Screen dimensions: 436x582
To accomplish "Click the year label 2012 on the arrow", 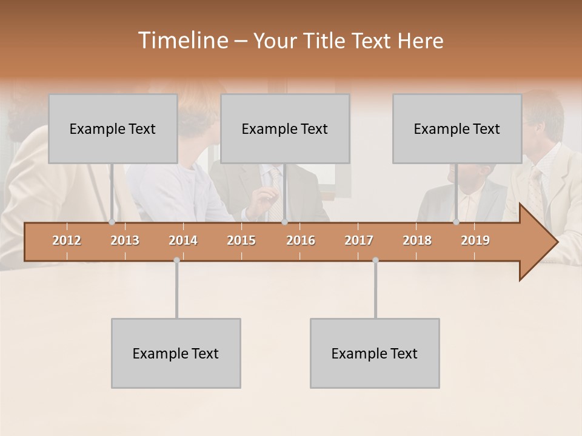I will click(x=67, y=240).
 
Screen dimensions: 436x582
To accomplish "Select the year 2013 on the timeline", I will click(x=125, y=240).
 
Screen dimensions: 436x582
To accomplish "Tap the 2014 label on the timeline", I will click(x=183, y=240).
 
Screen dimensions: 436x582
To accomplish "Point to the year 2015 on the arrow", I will click(x=241, y=240).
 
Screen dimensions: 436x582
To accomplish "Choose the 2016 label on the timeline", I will click(x=301, y=240).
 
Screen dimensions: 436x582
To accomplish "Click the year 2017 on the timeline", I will click(x=359, y=240).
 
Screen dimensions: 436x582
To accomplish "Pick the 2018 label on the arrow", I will click(x=417, y=240).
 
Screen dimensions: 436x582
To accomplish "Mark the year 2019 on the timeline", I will click(x=475, y=240).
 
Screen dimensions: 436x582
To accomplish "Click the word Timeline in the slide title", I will click(x=182, y=41).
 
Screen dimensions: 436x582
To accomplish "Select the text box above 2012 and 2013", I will click(x=113, y=129).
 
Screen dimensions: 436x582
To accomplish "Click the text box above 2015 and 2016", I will click(x=285, y=129).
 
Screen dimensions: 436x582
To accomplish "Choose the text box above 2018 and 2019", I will click(x=457, y=129).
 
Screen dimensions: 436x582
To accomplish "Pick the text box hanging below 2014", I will click(x=176, y=353).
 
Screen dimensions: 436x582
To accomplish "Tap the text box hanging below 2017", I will click(x=375, y=353).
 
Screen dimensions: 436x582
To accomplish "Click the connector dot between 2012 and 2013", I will click(x=112, y=222).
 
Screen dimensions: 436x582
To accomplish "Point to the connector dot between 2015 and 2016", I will click(x=284, y=222).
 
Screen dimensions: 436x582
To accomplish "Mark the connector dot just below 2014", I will click(x=176, y=260).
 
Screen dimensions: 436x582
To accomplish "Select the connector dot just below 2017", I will click(x=375, y=260).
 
